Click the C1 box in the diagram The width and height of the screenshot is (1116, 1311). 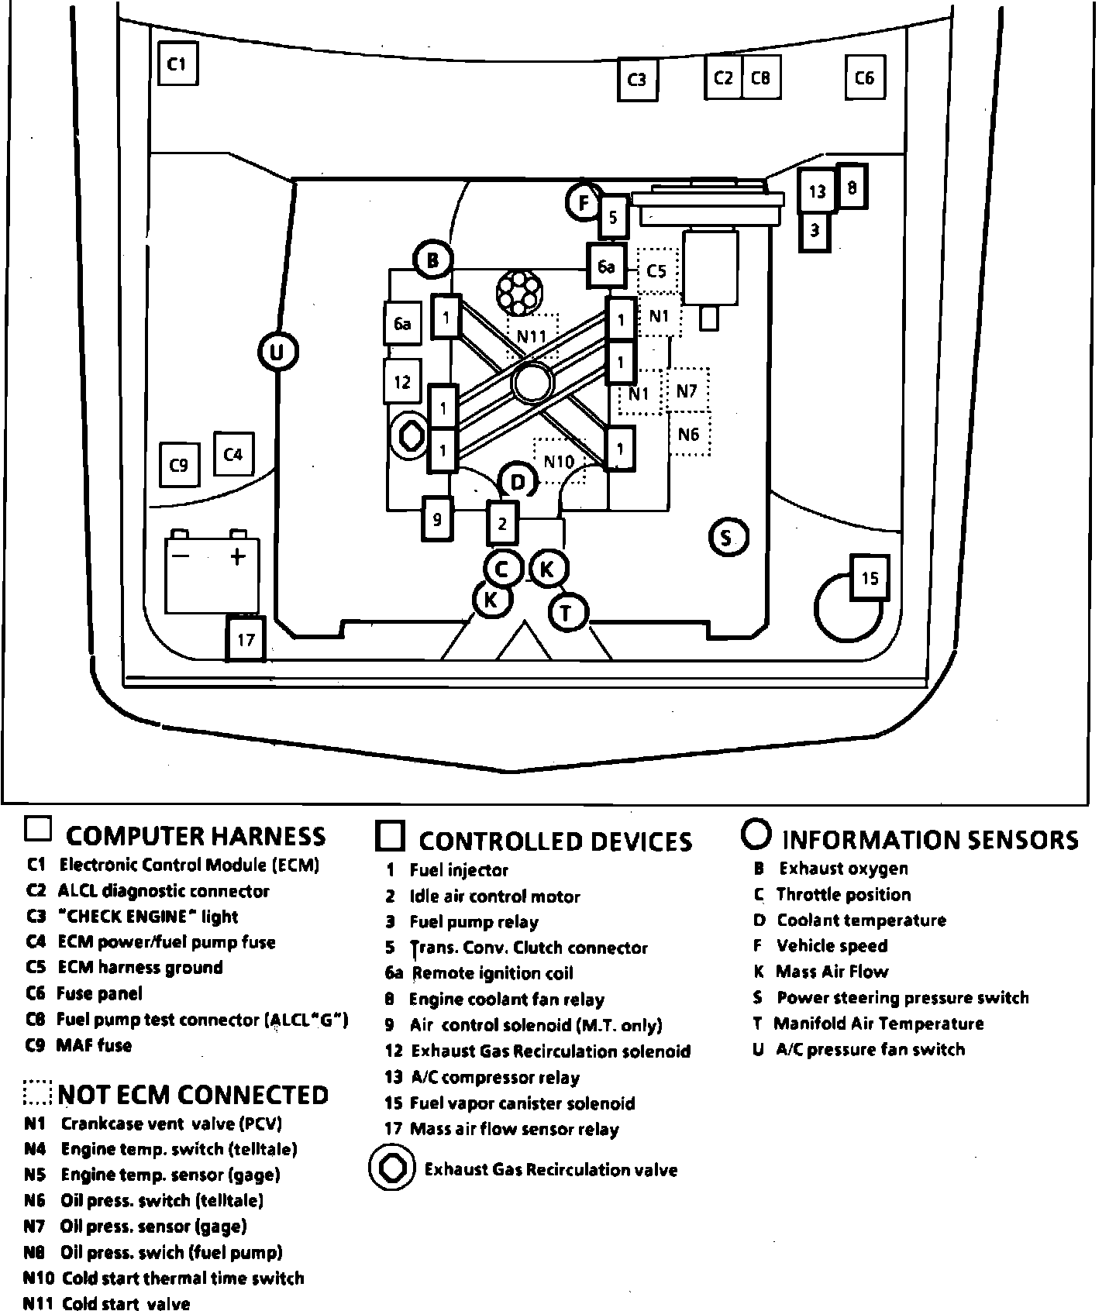177,64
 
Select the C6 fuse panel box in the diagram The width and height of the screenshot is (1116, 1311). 864,77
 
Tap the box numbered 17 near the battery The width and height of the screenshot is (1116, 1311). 246,639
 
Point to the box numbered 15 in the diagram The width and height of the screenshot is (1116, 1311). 870,578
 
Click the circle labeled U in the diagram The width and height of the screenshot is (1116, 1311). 277,353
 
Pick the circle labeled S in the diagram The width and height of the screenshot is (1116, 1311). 726,537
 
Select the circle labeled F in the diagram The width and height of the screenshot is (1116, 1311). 584,204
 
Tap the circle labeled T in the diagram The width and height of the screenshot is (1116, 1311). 567,614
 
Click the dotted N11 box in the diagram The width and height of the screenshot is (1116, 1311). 532,335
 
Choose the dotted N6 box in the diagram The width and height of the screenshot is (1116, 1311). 689,435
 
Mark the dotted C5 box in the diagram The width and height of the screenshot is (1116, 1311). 657,271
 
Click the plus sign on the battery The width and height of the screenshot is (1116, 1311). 237,556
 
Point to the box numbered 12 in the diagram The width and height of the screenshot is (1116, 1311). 402,381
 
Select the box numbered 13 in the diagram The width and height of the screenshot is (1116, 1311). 817,191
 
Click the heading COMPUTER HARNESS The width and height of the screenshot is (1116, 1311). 195,836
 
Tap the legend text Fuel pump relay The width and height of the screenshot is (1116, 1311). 473,922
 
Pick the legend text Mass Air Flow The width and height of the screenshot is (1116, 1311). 832,972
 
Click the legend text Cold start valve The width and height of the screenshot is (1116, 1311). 126,1304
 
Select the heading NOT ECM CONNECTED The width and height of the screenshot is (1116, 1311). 193,1095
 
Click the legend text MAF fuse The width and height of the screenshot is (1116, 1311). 94,1045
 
